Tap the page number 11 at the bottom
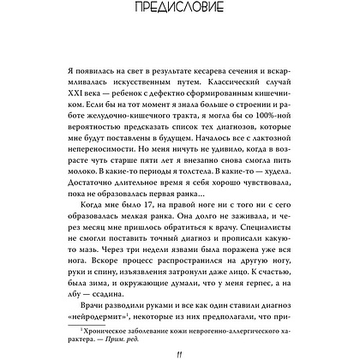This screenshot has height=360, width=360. [x=179, y=345]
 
